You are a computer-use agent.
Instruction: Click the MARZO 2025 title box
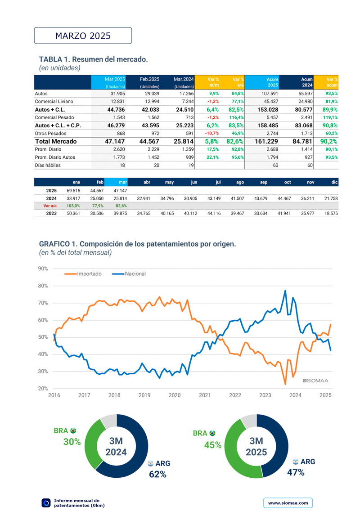pyautogui.click(x=83, y=36)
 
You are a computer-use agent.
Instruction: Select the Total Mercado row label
pyautogui.click(x=56, y=141)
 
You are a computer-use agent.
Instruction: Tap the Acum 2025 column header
pyautogui.click(x=273, y=82)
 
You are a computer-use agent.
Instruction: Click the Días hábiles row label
pyautogui.click(x=48, y=165)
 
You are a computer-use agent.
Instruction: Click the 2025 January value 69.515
pyautogui.click(x=73, y=190)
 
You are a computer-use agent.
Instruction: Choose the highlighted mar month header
pyautogui.click(x=122, y=182)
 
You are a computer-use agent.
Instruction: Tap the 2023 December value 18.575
pyautogui.click(x=331, y=213)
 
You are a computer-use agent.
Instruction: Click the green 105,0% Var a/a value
pyautogui.click(x=73, y=206)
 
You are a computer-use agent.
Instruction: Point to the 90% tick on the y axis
pyautogui.click(x=43, y=269)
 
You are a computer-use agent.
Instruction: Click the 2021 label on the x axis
pyautogui.click(x=205, y=395)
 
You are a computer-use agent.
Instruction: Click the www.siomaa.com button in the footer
pyautogui.click(x=288, y=503)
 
